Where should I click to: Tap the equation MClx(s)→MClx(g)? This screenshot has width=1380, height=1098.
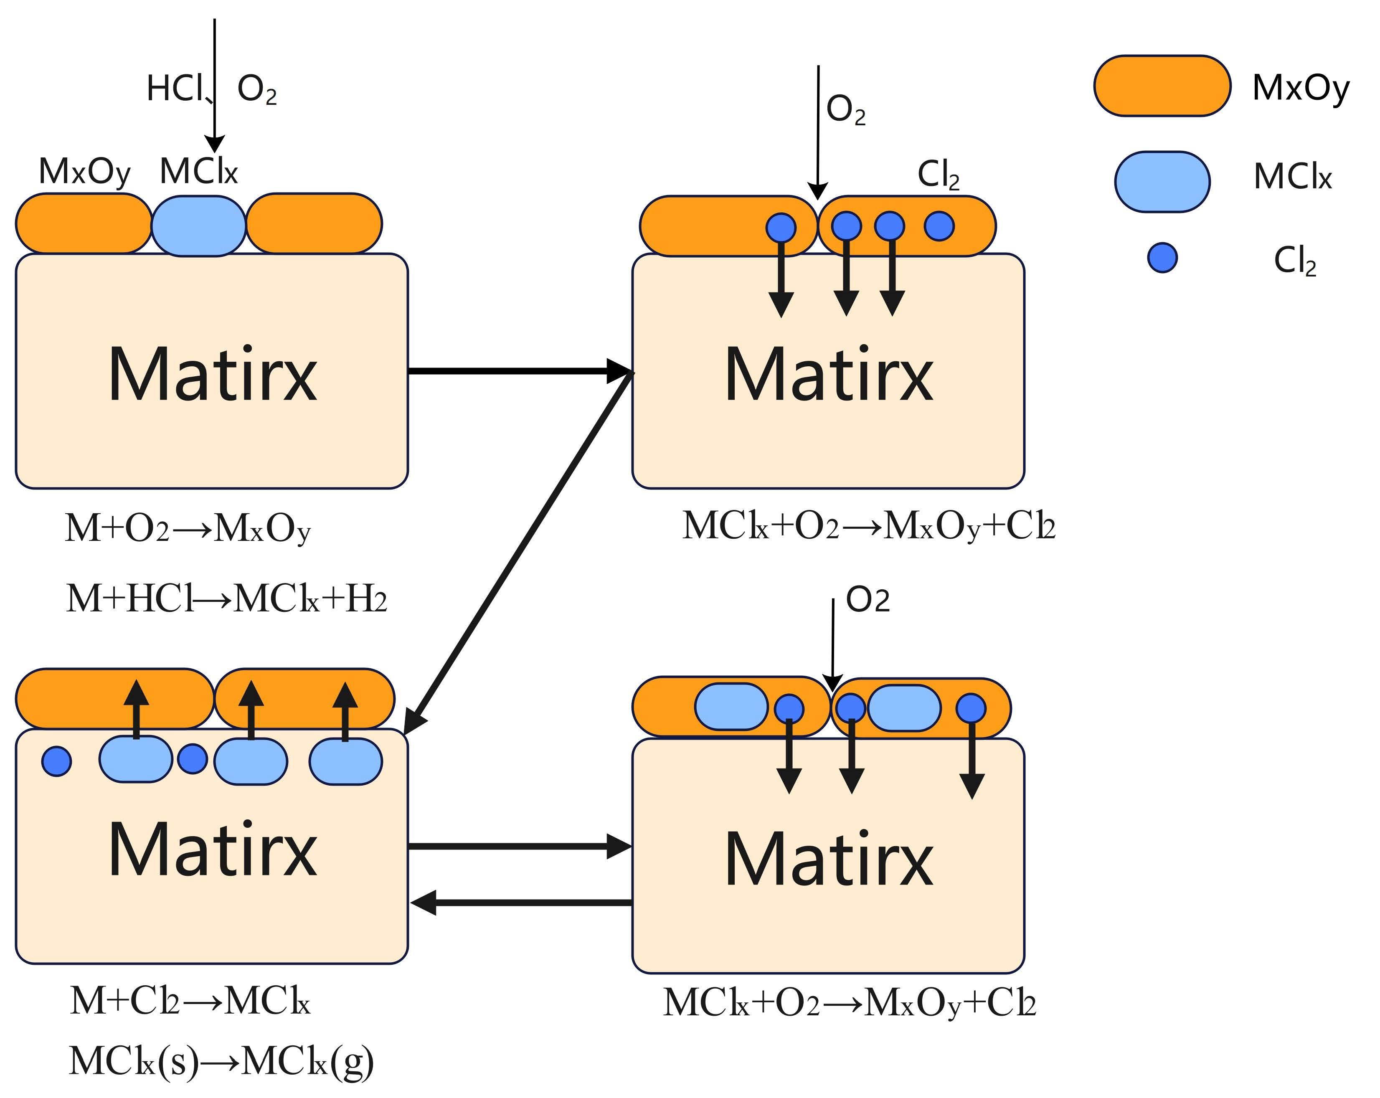[x=221, y=1062]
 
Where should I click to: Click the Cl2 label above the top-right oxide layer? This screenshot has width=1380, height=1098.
[x=939, y=174]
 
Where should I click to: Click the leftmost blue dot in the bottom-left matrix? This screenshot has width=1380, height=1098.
[x=56, y=761]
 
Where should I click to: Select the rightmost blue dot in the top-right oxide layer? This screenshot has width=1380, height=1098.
[x=939, y=226]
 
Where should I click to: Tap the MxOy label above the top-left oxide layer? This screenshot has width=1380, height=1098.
[x=84, y=172]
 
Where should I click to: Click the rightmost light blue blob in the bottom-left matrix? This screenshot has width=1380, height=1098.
[x=346, y=761]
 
